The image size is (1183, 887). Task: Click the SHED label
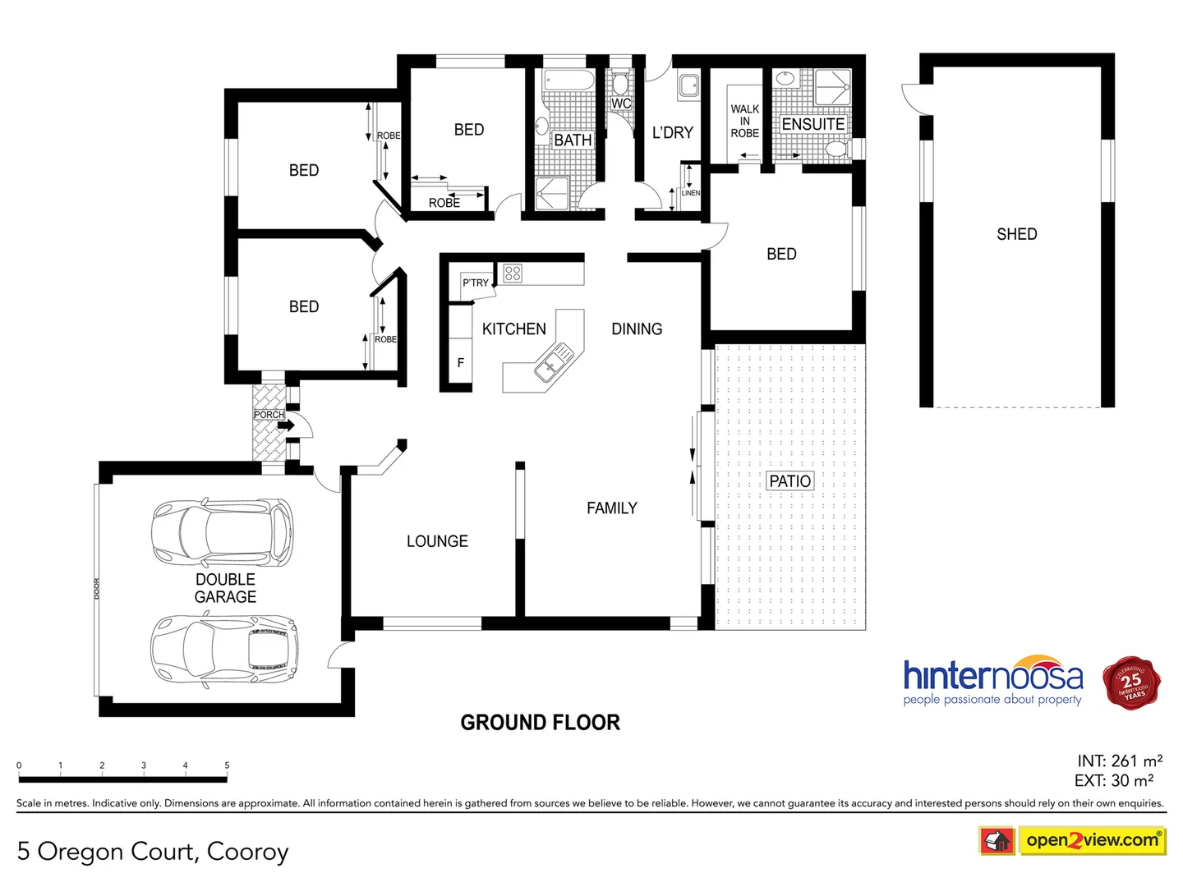[x=1016, y=234]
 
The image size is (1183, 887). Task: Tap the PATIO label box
[x=789, y=481]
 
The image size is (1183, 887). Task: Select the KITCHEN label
[x=513, y=329]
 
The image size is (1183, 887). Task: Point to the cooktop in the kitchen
[x=513, y=273]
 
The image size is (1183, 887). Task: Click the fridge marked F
[x=460, y=362]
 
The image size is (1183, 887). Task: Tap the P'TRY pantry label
[x=475, y=283]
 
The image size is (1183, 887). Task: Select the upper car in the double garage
[x=222, y=533]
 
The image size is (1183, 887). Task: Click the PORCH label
[x=269, y=415]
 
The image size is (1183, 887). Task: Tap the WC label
[x=621, y=103]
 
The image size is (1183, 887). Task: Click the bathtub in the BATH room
[x=568, y=81]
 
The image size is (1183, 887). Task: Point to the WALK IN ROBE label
[x=744, y=121]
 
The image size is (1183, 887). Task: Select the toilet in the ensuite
[x=836, y=149]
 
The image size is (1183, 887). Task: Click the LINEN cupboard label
[x=690, y=193]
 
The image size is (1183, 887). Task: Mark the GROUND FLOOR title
[x=540, y=723]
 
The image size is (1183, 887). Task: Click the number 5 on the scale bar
[x=227, y=765]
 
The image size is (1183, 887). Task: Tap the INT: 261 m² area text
[x=1119, y=761]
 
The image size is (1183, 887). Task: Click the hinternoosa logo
[x=992, y=681]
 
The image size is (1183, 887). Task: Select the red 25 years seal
[x=1131, y=682]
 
